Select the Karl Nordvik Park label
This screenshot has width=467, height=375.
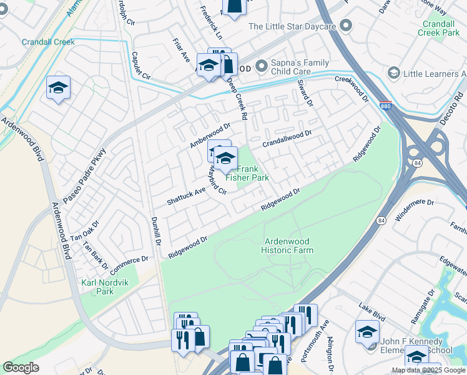[x=97, y=287]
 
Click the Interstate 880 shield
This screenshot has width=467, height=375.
[x=386, y=106]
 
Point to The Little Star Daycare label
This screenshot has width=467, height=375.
[x=292, y=26]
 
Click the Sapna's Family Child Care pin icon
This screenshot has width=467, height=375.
[x=261, y=64]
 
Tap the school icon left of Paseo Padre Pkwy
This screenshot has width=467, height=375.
[x=58, y=87]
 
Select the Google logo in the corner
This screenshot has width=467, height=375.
[x=21, y=367]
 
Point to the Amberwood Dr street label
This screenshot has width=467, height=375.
[x=210, y=136]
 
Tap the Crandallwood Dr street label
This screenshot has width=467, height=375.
[x=287, y=137]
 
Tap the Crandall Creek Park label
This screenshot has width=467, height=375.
[x=440, y=27]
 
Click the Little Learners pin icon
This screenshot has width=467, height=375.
[x=393, y=73]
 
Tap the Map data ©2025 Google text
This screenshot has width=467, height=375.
[x=428, y=370]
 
